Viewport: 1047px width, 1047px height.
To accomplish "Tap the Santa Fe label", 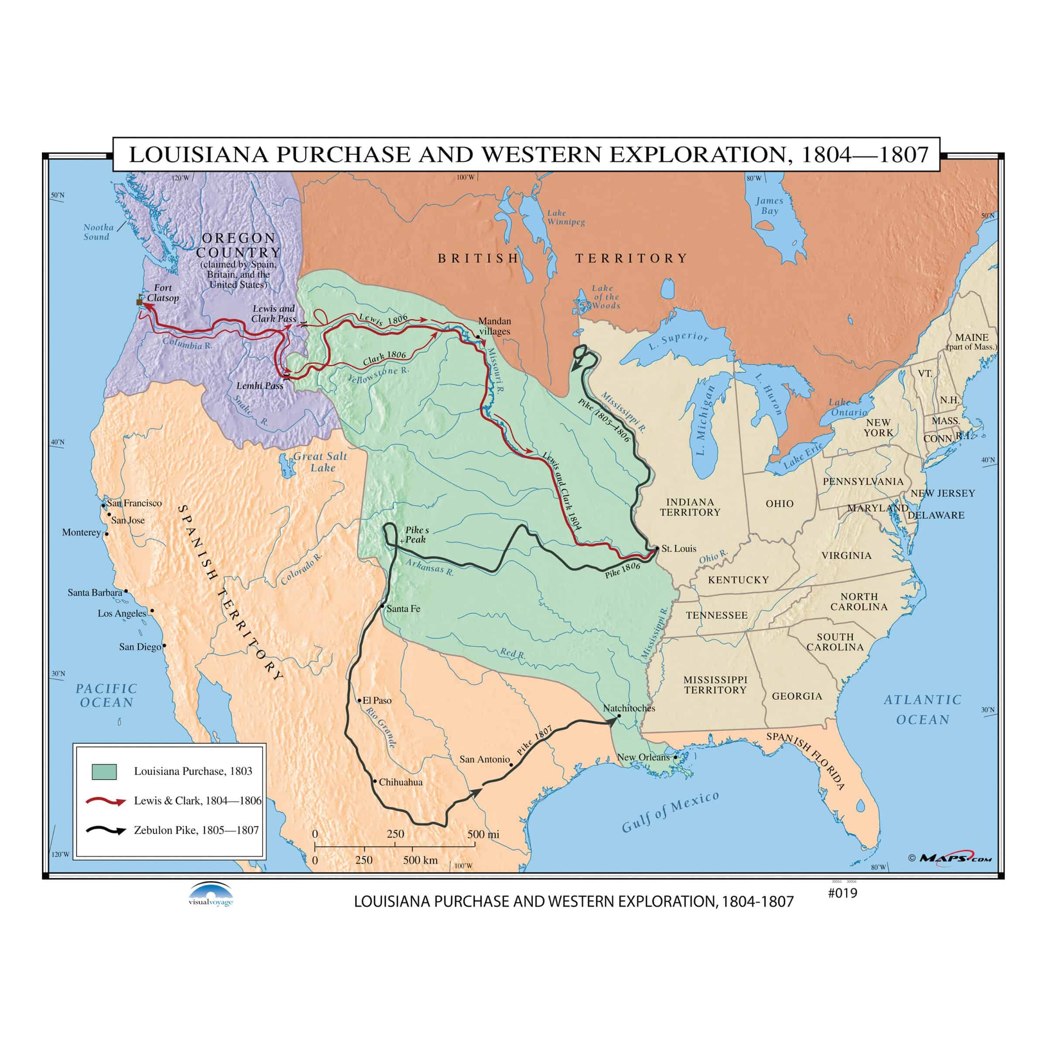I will tap(403, 609).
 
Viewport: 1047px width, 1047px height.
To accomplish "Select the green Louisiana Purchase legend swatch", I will tap(104, 772).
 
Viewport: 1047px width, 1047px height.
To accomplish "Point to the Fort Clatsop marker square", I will tap(139, 302).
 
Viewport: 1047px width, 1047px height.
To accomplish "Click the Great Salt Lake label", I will tap(320, 462).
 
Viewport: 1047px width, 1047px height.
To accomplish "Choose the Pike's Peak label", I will tap(416, 534).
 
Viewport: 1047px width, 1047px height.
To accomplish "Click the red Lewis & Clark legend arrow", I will tap(106, 801).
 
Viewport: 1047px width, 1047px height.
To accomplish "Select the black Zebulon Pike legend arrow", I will tap(106, 830).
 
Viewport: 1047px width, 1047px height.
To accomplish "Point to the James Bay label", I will tap(769, 205).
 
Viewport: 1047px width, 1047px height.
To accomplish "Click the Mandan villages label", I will tap(494, 326).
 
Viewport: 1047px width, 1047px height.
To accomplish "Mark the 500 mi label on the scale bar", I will tap(483, 835).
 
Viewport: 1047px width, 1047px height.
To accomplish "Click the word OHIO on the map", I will tap(779, 503).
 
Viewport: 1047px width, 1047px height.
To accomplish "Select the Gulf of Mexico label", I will tap(671, 811).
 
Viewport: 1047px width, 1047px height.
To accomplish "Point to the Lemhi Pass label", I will tap(260, 386).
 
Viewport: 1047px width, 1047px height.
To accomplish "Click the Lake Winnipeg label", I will tap(565, 217).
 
